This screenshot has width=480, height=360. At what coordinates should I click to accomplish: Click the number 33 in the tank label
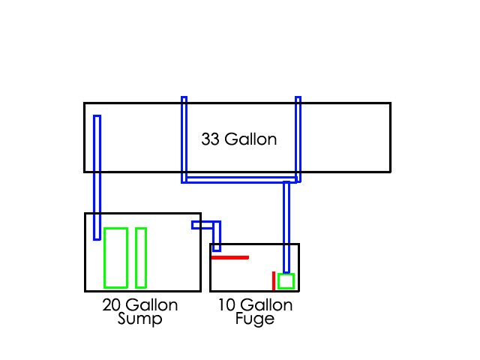tap(211, 139)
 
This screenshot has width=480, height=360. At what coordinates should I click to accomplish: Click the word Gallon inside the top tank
tap(251, 139)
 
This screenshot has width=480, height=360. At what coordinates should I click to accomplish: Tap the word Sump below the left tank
tap(140, 319)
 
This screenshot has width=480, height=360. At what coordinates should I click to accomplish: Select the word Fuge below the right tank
tap(255, 319)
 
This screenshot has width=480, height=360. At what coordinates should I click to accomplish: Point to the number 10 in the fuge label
tap(226, 305)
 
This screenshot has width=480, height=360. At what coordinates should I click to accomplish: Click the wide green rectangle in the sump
tap(115, 257)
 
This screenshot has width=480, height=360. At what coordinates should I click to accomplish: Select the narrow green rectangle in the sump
tap(140, 257)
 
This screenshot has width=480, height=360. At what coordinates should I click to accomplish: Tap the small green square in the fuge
tap(286, 281)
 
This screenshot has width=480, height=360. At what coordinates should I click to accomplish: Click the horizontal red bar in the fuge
tap(229, 257)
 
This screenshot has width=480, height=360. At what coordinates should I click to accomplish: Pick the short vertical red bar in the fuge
tap(274, 280)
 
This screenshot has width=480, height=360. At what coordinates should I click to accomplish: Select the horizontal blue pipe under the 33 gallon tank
tap(240, 180)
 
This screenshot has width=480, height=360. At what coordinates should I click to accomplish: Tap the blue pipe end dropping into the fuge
tap(217, 238)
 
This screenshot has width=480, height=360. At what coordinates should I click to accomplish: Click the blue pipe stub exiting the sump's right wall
tap(197, 224)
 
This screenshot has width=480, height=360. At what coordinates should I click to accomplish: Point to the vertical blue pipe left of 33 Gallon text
tap(184, 139)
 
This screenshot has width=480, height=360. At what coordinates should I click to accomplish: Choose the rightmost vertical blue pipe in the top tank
tap(298, 139)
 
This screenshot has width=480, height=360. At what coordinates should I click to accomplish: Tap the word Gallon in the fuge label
tap(267, 305)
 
